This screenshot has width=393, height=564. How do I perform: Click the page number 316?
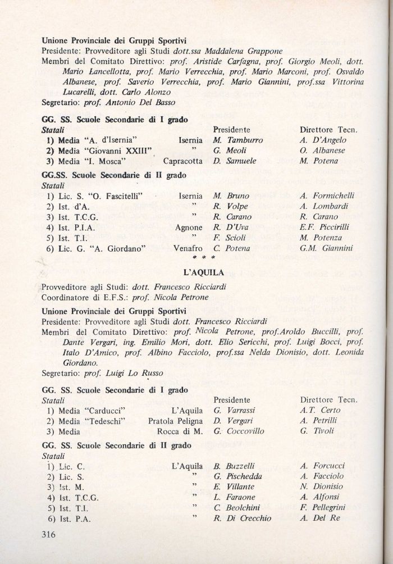(52, 534)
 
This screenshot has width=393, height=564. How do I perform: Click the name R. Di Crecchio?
(242, 518)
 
